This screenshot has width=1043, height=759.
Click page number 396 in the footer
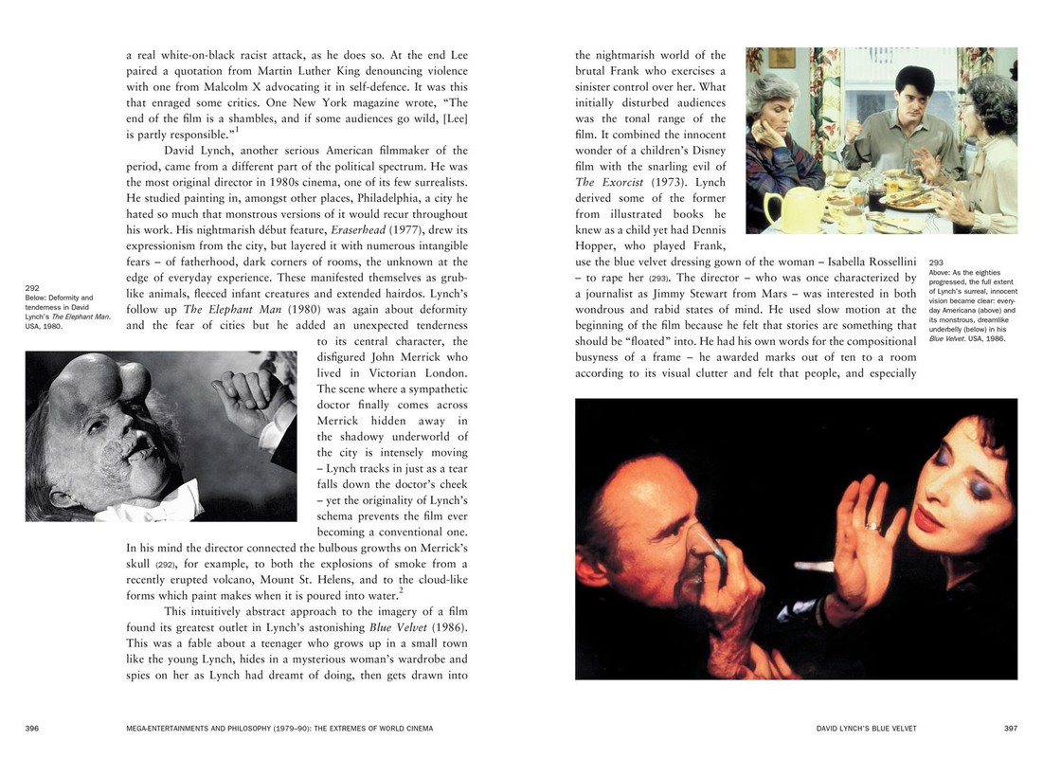[31, 729]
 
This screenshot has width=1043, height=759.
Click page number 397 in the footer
[1011, 729]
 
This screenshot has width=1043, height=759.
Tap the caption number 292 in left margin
[32, 288]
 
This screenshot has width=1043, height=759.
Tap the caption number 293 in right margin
[936, 262]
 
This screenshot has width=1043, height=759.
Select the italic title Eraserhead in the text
[363, 230]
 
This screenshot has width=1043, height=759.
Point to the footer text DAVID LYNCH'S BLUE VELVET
[866, 729]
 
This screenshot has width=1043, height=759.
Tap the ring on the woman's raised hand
[872, 526]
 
